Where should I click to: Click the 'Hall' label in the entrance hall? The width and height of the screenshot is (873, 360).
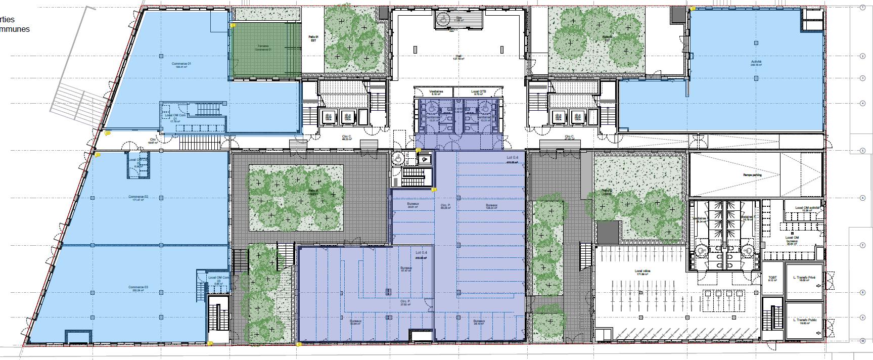tap(458, 56)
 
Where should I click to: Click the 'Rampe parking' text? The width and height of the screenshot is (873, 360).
tap(752, 175)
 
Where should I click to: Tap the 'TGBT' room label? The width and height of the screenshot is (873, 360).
tap(772, 278)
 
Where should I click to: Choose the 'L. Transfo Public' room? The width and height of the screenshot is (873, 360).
tap(804, 321)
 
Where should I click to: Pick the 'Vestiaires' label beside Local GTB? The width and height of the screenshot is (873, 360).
tap(436, 93)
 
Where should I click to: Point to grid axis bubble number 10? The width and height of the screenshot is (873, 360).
tap(861, 341)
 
